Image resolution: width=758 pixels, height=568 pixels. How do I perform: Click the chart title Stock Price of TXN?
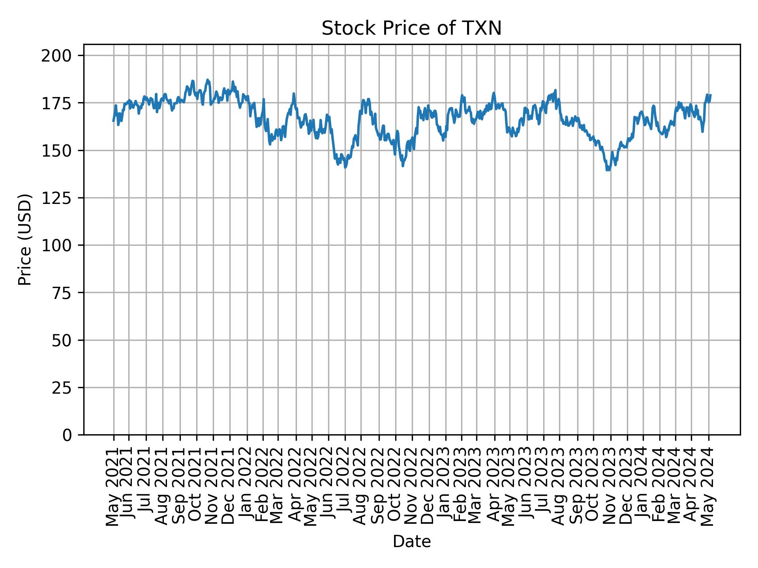point(411,29)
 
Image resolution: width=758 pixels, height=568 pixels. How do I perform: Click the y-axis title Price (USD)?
point(25,239)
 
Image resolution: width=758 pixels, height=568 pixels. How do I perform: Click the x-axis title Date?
point(411,542)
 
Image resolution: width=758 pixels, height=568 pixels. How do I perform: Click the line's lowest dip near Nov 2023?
point(608,170)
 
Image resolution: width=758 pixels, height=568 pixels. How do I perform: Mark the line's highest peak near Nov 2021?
point(207,80)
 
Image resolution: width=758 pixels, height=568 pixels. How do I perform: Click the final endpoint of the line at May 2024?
point(711,95)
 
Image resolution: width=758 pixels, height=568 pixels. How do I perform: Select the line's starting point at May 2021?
point(113,121)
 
